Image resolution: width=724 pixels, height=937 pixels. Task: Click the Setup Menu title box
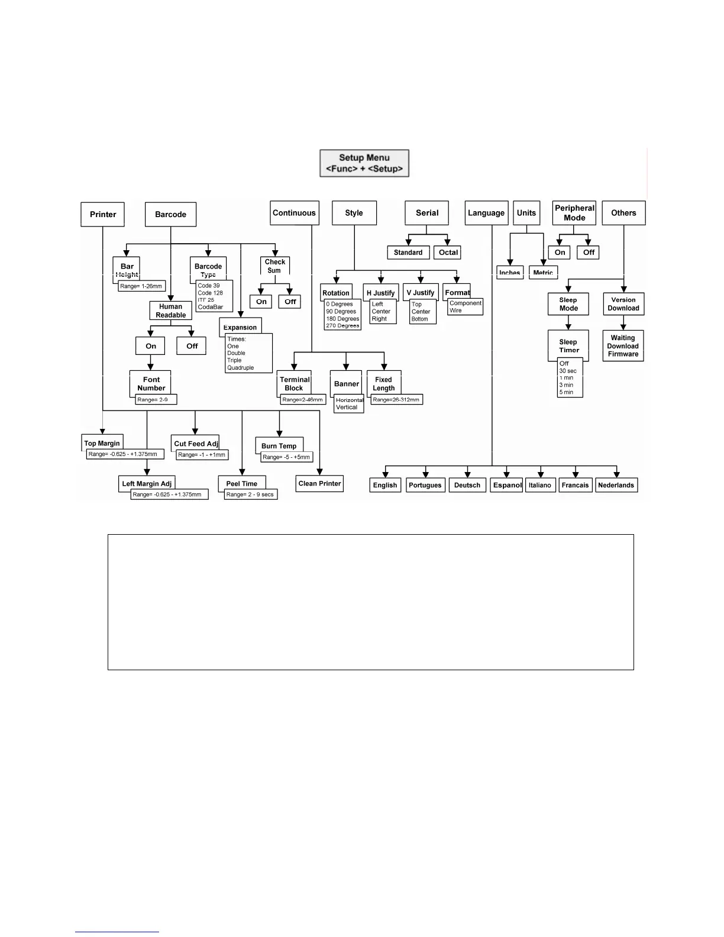(364, 163)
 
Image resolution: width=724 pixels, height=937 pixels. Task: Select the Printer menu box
(103, 214)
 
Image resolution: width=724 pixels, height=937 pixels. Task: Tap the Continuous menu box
(294, 213)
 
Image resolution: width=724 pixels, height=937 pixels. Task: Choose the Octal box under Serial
(448, 253)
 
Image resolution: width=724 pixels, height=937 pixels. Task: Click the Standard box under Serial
(408, 253)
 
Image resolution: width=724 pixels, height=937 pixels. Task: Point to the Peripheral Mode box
(574, 213)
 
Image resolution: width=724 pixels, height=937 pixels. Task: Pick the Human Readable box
(171, 311)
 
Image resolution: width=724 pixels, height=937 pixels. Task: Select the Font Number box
(151, 383)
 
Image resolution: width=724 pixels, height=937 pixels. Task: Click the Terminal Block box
(294, 383)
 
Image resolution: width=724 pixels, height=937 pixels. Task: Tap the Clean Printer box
(319, 483)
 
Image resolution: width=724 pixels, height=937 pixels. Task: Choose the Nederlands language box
(616, 485)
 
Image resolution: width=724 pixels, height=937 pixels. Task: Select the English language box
(385, 485)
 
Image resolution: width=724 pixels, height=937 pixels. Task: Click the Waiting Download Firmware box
(623, 346)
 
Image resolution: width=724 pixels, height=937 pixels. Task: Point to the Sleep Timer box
(568, 345)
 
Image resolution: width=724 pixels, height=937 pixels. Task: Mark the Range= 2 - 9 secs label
(250, 495)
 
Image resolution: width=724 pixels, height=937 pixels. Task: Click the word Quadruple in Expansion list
(241, 368)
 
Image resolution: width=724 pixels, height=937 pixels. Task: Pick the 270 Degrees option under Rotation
(342, 326)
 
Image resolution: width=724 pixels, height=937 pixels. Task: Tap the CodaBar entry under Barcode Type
(211, 307)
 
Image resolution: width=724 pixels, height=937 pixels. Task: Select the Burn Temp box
(279, 446)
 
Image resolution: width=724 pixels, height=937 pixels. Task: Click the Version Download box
(623, 304)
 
